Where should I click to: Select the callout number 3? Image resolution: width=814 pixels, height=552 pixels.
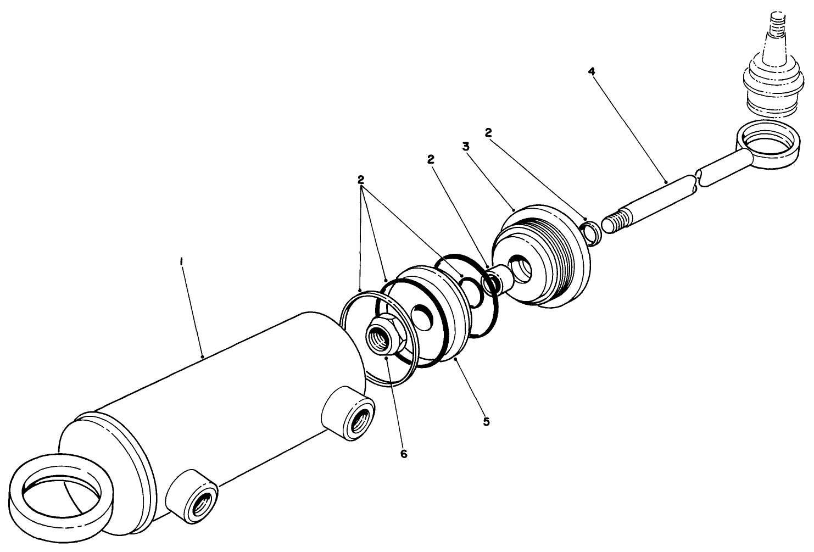(x=466, y=147)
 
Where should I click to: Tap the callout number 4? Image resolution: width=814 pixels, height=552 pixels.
(x=591, y=71)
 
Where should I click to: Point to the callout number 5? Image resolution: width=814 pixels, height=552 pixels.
(x=486, y=421)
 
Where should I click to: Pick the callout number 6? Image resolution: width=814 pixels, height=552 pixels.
(x=404, y=454)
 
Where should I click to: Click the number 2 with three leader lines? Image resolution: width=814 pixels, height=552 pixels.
(x=361, y=180)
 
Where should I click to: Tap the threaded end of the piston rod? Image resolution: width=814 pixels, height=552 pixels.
(x=615, y=220)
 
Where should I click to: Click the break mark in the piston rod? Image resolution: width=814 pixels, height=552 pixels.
(x=697, y=182)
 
